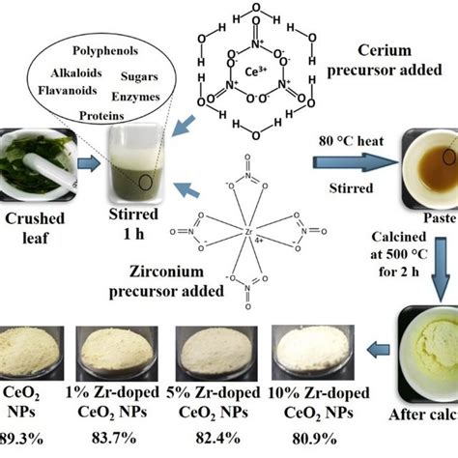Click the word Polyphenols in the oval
point(107,48)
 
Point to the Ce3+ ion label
point(257,72)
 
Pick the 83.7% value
point(118,439)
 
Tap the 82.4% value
point(212,439)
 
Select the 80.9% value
point(310,439)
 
